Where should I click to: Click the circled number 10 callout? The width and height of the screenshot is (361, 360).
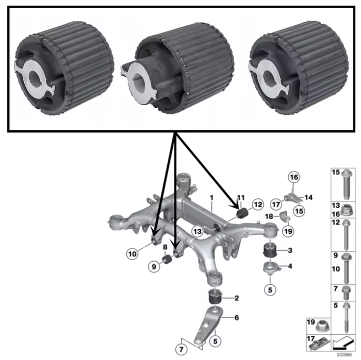coord(133,253)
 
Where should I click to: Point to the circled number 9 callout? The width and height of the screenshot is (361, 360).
coord(153,266)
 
